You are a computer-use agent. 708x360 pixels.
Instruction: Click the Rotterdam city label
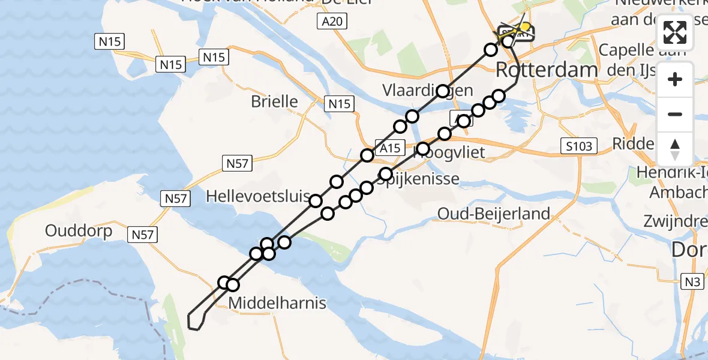coord(547,70)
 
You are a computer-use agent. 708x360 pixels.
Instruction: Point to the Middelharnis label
coord(277,303)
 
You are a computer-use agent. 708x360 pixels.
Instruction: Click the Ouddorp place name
coord(79,231)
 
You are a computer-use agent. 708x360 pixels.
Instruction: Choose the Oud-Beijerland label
coord(493,213)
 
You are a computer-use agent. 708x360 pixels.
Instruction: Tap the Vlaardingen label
coord(428,91)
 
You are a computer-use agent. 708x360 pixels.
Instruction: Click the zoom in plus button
coord(675,79)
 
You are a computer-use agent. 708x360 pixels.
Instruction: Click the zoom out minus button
coord(675,114)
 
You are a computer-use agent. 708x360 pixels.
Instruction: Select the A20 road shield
coord(331,22)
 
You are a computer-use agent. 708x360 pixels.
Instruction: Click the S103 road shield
coord(580,146)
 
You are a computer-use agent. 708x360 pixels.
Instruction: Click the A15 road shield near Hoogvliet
coord(388,148)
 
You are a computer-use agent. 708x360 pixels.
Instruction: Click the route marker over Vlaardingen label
coord(443,91)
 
